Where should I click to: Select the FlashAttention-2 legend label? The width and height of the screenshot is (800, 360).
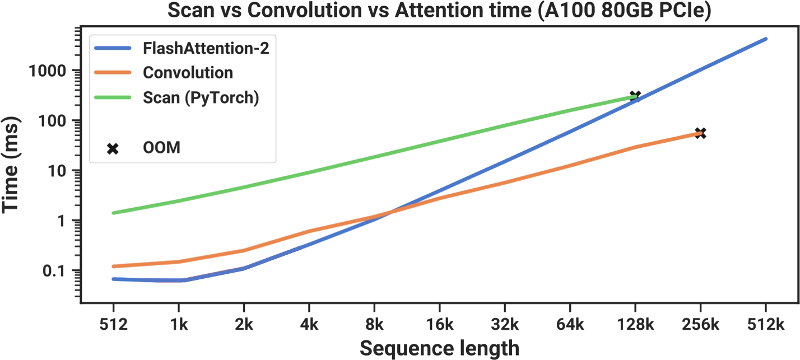pos(206,48)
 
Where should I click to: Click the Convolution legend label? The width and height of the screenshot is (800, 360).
pos(188,73)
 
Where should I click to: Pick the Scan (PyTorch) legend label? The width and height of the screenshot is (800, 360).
pos(201,97)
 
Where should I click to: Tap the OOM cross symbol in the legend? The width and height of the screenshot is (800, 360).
pos(113,148)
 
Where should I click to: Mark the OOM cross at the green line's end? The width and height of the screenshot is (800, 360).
pos(635,96)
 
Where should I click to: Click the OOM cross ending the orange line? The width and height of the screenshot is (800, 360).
pos(700,133)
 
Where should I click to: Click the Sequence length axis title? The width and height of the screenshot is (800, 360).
pos(439,348)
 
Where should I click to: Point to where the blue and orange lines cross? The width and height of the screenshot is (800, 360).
pos(387,213)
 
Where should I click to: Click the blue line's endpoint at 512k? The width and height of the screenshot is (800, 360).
pos(766,39)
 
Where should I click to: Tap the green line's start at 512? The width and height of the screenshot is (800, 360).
pos(113,213)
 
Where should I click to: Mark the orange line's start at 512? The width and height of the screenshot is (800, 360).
pos(113,266)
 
